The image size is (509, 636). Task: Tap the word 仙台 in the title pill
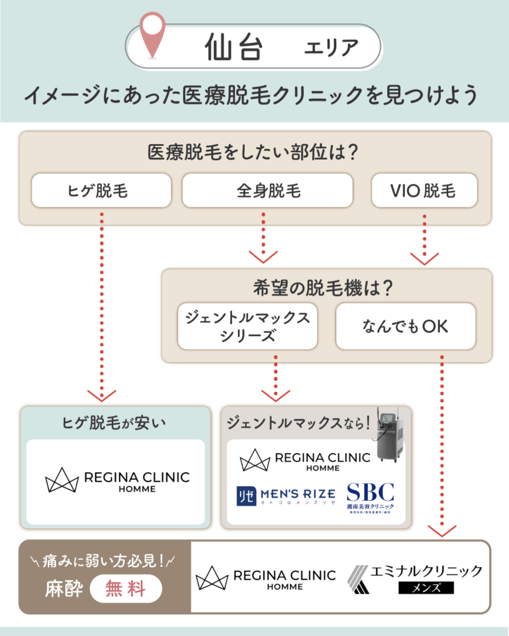tap(234, 47)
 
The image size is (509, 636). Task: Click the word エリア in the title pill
tap(331, 47)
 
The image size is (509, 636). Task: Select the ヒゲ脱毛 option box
tap(101, 190)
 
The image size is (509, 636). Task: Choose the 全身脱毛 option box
tap(267, 190)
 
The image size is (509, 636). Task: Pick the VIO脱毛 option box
tap(424, 190)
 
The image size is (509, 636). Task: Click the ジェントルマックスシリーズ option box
tap(247, 326)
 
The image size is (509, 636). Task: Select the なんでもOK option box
tap(405, 326)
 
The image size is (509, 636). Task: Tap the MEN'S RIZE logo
tap(286, 495)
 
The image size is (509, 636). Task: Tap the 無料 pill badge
tap(126, 588)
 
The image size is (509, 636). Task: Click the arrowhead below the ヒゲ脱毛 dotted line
tap(101, 395)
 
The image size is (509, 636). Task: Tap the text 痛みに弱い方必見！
tap(104, 561)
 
